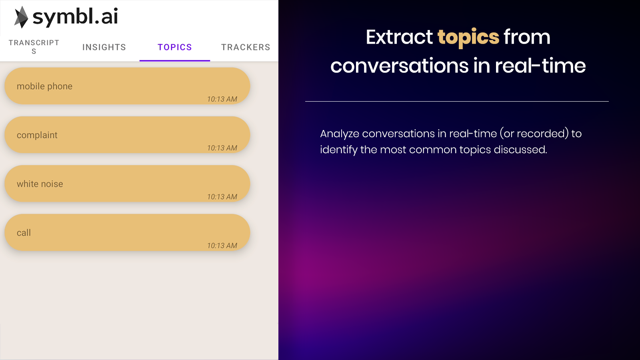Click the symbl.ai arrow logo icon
21,17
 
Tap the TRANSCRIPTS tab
34,47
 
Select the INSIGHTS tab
104,47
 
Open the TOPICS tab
175,47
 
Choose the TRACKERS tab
246,47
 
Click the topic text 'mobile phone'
44,86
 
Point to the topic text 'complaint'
37,135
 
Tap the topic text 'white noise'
40,184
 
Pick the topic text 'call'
24,233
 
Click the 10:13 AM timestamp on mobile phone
222,99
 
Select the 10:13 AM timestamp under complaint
222,148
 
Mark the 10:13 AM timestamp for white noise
222,197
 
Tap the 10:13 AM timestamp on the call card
222,246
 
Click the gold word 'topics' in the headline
468,38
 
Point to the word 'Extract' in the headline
400,37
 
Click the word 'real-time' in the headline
540,66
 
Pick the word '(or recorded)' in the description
534,134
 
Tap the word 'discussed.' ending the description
520,150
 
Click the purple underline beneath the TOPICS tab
175,60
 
